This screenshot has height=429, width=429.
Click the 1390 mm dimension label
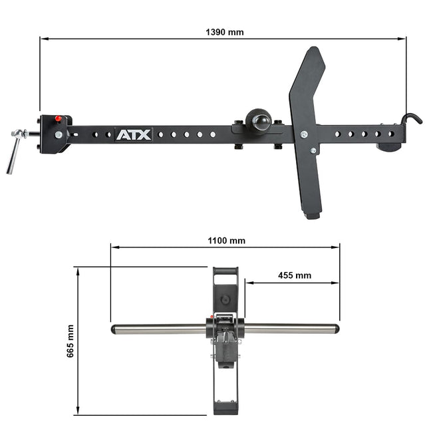click(224, 33)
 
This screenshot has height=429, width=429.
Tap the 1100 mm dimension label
click(226, 241)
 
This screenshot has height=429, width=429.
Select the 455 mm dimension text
click(295, 275)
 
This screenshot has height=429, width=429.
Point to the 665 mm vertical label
click(71, 341)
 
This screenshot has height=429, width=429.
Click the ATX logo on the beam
click(134, 135)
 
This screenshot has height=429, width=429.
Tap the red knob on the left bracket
click(58, 118)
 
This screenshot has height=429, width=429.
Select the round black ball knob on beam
click(258, 120)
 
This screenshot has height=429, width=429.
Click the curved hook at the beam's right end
click(412, 119)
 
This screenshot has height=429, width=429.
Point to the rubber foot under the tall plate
click(312, 216)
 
